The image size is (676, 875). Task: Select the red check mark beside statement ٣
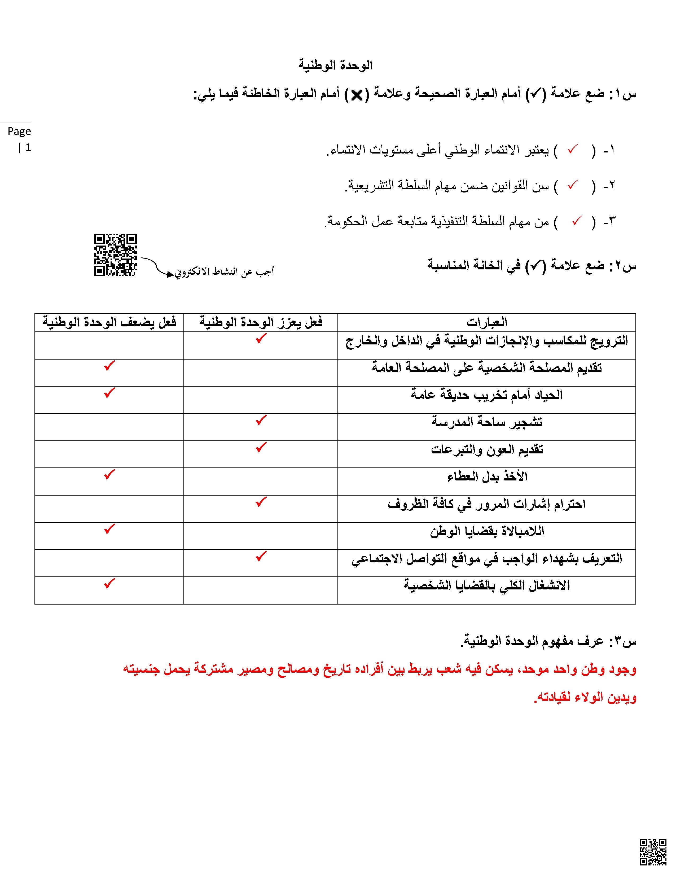click(x=577, y=221)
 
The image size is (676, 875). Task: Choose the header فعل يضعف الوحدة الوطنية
click(x=109, y=322)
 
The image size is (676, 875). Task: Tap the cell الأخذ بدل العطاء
click(x=487, y=476)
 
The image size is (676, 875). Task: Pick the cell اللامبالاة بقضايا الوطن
click(x=487, y=531)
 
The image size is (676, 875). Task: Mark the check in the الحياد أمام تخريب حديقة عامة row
click(x=109, y=393)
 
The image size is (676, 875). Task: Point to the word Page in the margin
click(x=19, y=132)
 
